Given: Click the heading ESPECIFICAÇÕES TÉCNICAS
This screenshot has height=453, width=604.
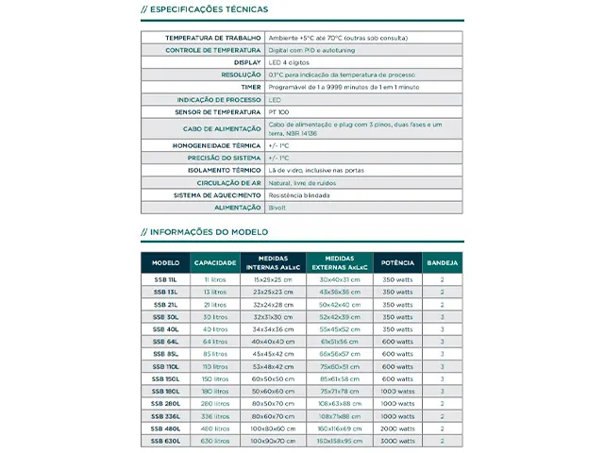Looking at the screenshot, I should click(x=208, y=9).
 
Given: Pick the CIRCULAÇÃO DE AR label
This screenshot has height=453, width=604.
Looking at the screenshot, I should click(x=228, y=182).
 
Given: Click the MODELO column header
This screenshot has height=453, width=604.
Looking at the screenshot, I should click(x=165, y=262).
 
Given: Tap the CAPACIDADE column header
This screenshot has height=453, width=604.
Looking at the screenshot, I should click(x=214, y=262).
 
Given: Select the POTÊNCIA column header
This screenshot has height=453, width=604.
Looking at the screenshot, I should click(x=397, y=262).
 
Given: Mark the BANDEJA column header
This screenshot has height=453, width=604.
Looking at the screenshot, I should click(x=443, y=262).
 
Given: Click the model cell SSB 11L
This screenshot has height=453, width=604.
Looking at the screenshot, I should click(x=165, y=280).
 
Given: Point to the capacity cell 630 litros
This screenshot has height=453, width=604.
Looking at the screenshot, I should click(x=214, y=440).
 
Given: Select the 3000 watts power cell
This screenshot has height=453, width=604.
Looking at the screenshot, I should click(x=397, y=440).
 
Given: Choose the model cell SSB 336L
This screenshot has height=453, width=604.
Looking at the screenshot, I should click(x=165, y=415).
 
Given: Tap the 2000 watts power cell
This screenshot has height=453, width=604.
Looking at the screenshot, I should click(x=397, y=428).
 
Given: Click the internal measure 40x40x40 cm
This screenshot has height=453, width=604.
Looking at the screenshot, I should click(x=273, y=342).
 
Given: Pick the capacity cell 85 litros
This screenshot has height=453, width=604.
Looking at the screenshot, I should click(x=214, y=354).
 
